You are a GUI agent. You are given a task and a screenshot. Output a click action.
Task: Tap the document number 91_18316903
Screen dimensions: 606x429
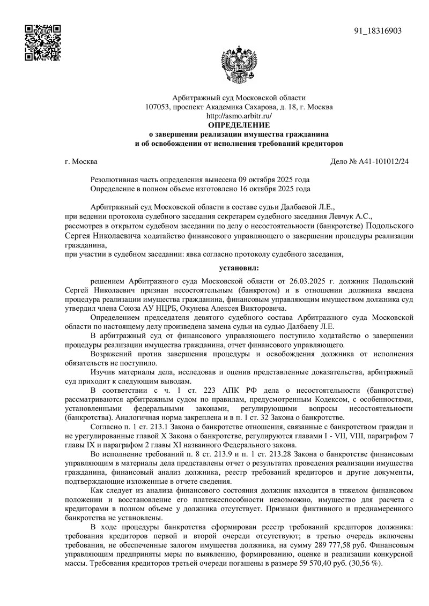378,31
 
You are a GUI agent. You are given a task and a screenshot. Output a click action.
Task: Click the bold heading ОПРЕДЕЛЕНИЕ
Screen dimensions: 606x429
239,125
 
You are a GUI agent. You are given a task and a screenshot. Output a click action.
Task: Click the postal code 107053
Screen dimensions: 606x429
158,107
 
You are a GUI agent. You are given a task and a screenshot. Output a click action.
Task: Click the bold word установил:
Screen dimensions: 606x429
239,266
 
